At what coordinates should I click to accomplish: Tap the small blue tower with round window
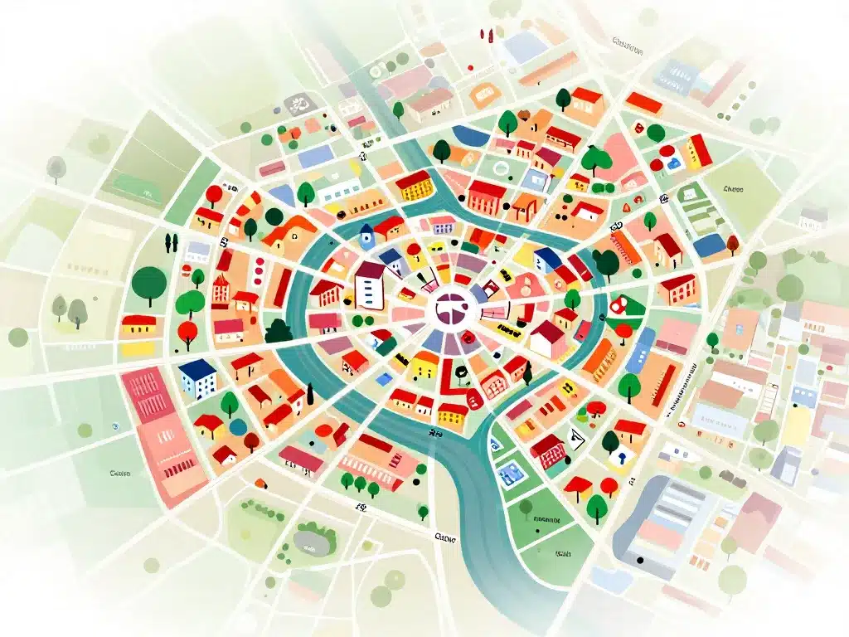coord(366,237)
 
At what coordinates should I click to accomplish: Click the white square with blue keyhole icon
coord(620,457)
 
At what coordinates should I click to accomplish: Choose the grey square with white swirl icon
coord(298,105)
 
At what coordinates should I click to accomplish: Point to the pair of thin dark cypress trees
coord(171,242)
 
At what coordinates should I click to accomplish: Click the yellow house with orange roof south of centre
coord(451,412)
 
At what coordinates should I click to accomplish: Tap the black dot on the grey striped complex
coord(640,561)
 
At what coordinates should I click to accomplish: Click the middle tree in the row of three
coord(360,482)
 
